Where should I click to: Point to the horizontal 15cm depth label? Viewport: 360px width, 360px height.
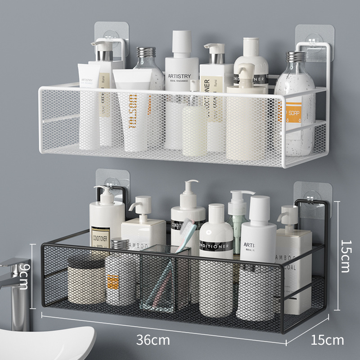click(x=327, y=340)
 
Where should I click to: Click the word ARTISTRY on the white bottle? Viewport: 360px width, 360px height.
click(x=179, y=76)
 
